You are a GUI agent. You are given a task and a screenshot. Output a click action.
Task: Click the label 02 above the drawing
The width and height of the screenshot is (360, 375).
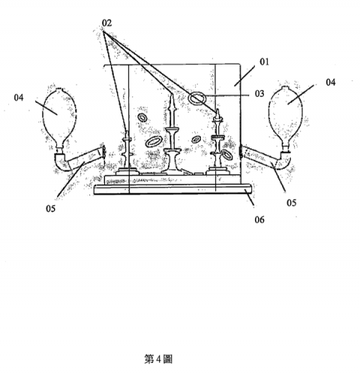106,23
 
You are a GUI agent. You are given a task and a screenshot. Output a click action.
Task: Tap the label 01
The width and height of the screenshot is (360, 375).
264,61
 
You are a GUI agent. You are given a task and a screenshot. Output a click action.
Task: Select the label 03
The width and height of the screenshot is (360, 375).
259,94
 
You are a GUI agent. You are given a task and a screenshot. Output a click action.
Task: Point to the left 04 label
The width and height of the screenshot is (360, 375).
19,97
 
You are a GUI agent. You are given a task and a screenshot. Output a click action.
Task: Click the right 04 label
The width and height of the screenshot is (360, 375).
331,82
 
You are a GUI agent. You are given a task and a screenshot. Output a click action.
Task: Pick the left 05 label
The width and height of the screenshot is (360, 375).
50,208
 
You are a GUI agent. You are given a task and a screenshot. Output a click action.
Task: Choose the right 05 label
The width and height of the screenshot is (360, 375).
292,202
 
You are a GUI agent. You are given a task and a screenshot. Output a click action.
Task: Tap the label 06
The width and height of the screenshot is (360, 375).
259,220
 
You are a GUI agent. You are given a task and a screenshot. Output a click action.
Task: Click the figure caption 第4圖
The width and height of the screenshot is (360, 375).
158,359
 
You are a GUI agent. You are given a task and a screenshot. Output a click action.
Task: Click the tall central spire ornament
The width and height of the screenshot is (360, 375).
172,135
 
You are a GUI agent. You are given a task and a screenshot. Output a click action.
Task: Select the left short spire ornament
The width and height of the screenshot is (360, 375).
127,152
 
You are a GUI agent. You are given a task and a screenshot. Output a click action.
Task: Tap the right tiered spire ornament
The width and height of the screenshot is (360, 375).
217,142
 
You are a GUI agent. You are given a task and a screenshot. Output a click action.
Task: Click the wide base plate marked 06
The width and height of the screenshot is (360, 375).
172,189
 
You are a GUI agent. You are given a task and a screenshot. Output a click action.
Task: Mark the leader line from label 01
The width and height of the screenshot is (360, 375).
244,76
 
